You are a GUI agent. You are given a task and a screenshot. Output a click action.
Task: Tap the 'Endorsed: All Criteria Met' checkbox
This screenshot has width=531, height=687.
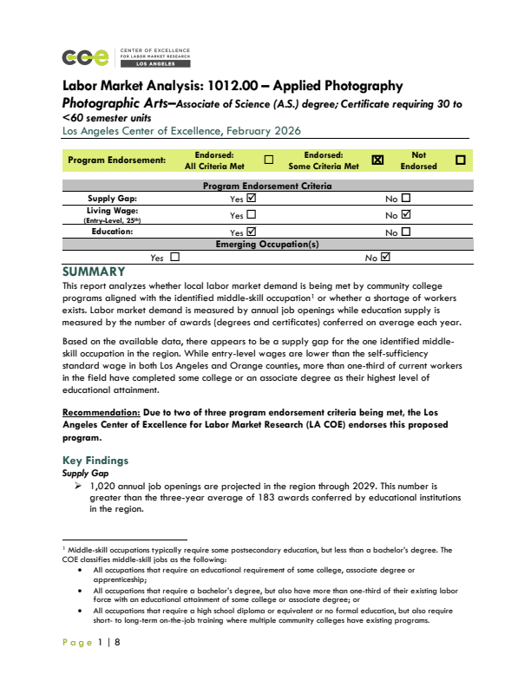click(269, 160)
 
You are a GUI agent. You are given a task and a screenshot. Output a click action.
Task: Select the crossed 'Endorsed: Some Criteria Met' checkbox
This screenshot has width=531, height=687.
click(377, 160)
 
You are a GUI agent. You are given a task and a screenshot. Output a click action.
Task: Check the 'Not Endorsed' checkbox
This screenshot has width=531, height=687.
click(460, 160)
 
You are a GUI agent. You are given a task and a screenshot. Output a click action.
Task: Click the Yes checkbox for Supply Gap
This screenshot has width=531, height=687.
click(252, 198)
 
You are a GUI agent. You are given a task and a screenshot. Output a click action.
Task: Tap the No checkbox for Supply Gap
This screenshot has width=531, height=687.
click(405, 198)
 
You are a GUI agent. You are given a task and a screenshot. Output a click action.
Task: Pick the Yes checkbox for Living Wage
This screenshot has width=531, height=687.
click(252, 213)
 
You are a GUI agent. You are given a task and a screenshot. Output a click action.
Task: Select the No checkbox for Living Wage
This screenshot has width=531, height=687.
click(405, 213)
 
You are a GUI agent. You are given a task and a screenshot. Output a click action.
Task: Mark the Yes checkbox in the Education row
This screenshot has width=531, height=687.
click(252, 232)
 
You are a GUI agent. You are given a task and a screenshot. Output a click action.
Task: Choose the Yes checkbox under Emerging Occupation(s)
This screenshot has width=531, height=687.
click(174, 257)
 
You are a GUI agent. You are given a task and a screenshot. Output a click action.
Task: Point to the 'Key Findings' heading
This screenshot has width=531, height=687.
click(95, 460)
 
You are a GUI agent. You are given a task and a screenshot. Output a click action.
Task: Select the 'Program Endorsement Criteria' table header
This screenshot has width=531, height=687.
click(266, 186)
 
